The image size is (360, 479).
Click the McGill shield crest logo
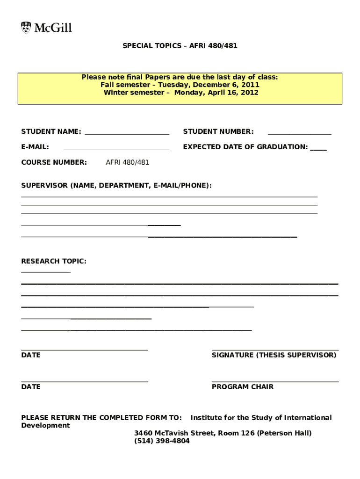tap(26, 28)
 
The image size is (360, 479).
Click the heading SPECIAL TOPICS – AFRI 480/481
tap(180, 46)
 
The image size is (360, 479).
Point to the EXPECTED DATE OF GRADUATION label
tap(245, 147)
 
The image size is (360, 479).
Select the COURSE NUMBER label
tap(54, 162)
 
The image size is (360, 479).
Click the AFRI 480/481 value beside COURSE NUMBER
tap(127, 162)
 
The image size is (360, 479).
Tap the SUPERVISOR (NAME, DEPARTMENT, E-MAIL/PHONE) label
tap(116, 186)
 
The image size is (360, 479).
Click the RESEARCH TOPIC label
tap(54, 261)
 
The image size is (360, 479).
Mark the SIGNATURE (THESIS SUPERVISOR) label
tap(274, 355)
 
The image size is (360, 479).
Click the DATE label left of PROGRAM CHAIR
tap(31, 387)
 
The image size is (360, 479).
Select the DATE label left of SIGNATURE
tap(31, 355)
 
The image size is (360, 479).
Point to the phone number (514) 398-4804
tap(162, 441)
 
